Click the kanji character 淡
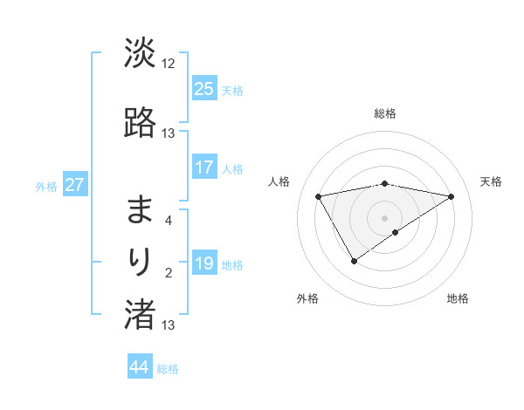[140, 53]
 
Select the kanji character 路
[140, 122]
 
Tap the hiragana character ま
[140, 209]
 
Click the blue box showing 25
[204, 88]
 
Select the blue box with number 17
[204, 167]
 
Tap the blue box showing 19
[204, 263]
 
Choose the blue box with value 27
[74, 185]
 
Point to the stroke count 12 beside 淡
[169, 63]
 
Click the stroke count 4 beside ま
[169, 220]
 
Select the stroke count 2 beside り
[169, 273]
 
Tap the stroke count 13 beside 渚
[169, 325]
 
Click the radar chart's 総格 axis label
[385, 113]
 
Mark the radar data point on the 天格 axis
[452, 196]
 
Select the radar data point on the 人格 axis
[319, 195]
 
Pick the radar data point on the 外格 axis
[354, 261]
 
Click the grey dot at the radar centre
[385, 217]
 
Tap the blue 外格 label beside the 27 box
[46, 186]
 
